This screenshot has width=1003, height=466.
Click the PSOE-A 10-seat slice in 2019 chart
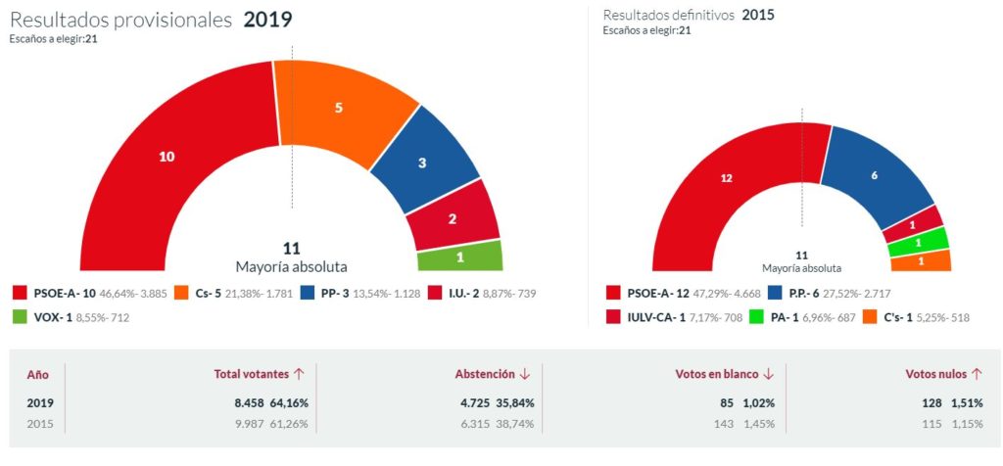tap(167, 157)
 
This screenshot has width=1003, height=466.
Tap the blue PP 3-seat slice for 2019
tap(422, 163)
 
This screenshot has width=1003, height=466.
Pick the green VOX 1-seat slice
tap(459, 256)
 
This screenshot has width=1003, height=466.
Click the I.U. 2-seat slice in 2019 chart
tap(453, 218)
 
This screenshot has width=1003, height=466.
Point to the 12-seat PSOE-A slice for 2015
tap(726, 179)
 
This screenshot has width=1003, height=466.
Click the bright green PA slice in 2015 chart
tap(918, 241)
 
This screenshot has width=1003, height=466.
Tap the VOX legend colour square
tap(21, 318)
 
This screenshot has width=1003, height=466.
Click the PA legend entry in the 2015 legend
tap(784, 318)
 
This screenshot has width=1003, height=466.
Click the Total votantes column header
tap(252, 374)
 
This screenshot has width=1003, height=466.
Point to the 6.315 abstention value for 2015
tap(473, 423)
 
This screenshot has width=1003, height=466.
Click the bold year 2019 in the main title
tap(267, 20)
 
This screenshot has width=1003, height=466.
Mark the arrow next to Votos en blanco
tap(768, 374)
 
